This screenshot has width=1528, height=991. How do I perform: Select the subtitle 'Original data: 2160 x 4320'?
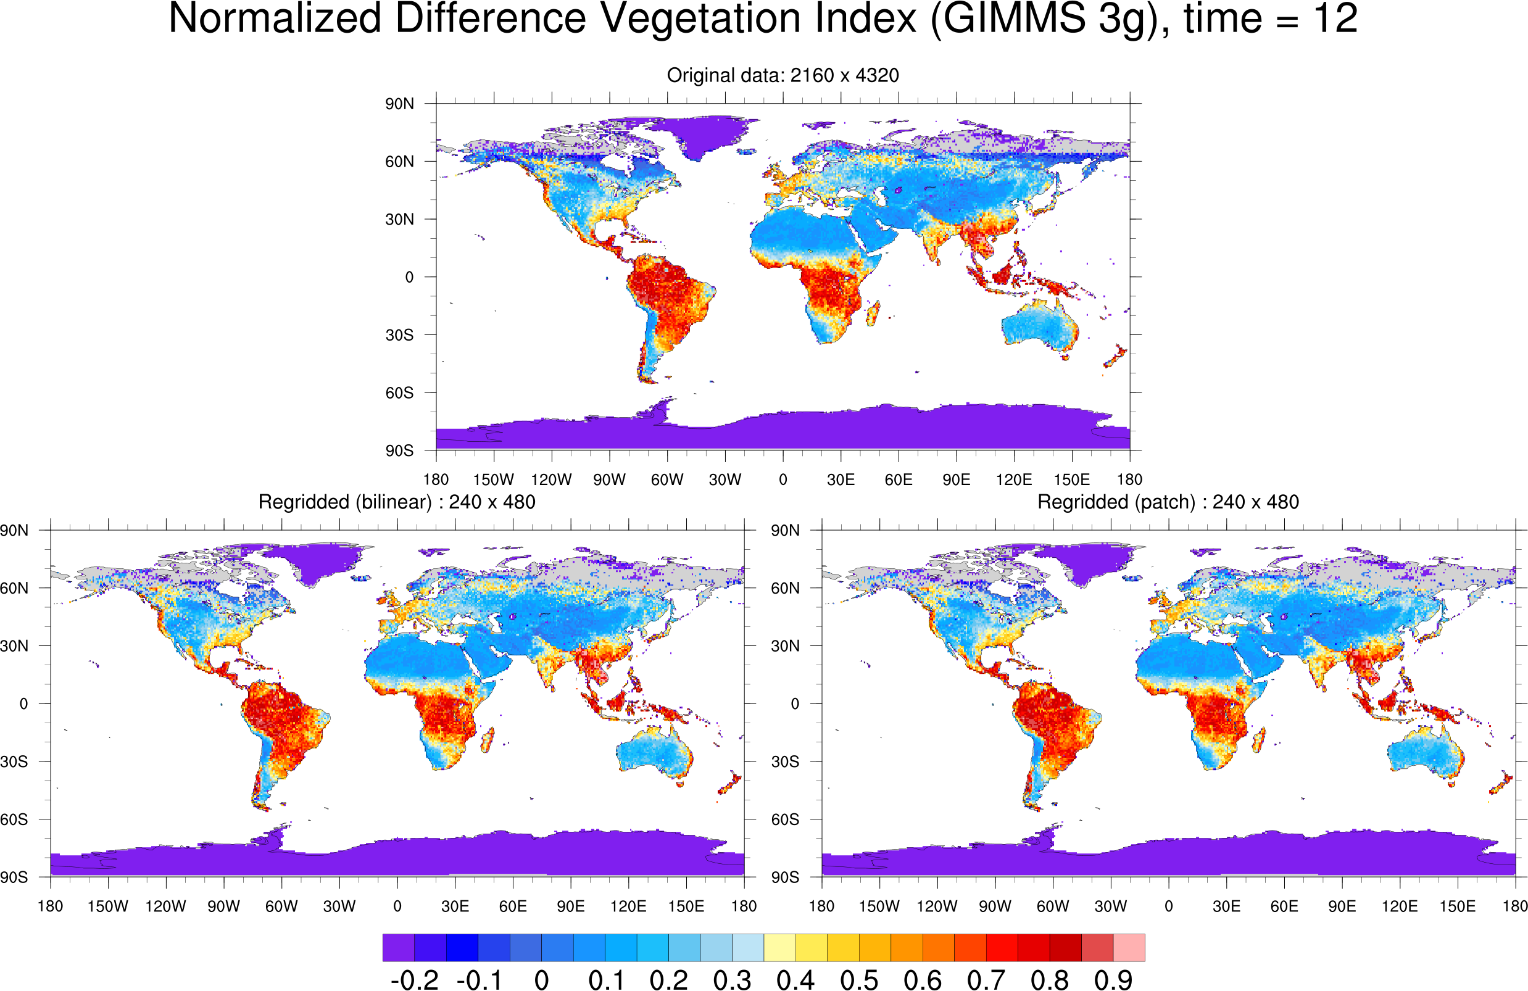783,75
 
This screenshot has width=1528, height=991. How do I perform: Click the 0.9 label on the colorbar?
1113,980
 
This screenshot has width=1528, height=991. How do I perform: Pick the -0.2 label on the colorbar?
414,980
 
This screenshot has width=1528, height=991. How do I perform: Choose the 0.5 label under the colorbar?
859,980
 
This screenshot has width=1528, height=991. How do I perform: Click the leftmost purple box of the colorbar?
399,947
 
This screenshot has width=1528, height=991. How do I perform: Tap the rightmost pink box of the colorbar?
1129,947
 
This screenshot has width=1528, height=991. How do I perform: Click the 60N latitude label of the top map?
399,162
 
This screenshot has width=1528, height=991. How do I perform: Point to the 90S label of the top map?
399,450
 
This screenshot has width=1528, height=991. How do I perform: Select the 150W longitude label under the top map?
493,479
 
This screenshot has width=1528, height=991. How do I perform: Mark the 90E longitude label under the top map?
956,479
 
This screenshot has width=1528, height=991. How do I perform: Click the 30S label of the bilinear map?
14,761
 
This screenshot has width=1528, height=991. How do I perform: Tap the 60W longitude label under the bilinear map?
281,906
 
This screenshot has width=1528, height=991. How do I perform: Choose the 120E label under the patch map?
1400,906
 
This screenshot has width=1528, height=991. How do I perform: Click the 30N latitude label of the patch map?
785,645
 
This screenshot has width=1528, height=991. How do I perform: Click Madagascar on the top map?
873,315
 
